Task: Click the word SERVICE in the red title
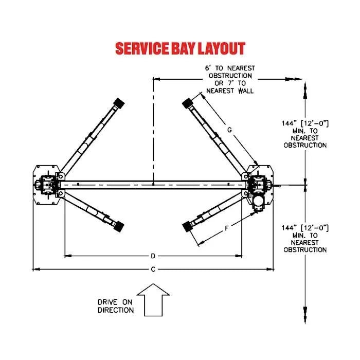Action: click(x=139, y=49)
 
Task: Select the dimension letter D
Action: click(x=153, y=256)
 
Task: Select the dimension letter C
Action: click(x=153, y=269)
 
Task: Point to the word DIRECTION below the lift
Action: click(x=116, y=310)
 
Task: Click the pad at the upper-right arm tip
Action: click(x=187, y=103)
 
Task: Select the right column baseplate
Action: click(x=260, y=185)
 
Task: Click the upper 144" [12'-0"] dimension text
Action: click(x=305, y=123)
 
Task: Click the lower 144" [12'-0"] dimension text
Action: click(x=305, y=228)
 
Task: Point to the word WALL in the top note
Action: click(x=246, y=91)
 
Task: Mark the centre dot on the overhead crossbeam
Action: click(x=153, y=183)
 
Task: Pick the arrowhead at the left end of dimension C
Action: click(x=35, y=268)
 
